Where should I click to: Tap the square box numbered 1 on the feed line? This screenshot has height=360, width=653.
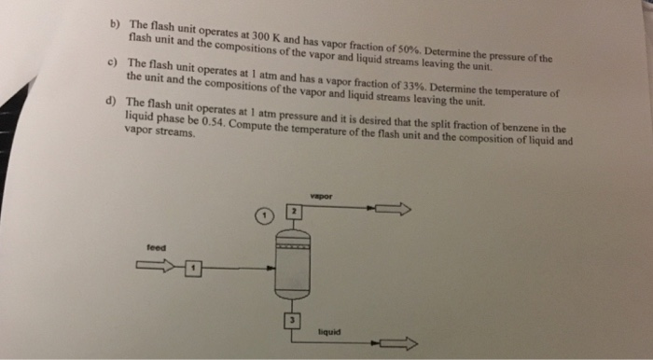pyautogui.click(x=193, y=269)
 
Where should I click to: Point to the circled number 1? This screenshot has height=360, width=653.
pyautogui.click(x=266, y=216)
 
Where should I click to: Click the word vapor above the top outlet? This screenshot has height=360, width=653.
pyautogui.click(x=324, y=196)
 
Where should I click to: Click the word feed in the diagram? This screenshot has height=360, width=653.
pyautogui.click(x=156, y=248)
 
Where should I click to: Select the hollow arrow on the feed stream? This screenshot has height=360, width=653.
pyautogui.click(x=158, y=269)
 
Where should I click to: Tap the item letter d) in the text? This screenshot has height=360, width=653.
pyautogui.click(x=113, y=102)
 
